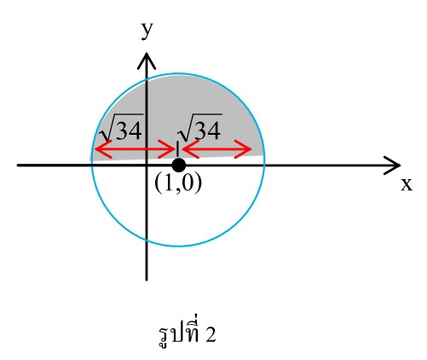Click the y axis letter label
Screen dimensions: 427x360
tap(147, 31)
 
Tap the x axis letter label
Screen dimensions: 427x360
tap(407, 184)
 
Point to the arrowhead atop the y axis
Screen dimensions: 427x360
tap(147, 61)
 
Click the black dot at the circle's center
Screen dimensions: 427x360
tap(179, 165)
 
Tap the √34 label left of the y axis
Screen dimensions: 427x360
tap(121, 127)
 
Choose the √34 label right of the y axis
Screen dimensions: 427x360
tap(199, 127)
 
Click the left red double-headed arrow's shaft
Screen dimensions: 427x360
tap(135, 149)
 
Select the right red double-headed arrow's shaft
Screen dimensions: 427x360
tap(216, 149)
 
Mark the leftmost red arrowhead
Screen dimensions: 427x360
tap(103, 149)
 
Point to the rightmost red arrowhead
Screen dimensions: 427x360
tap(243, 149)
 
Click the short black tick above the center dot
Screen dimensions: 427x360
tap(177, 149)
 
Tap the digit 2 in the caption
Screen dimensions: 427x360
tap(211, 334)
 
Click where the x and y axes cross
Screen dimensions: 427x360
tap(147, 165)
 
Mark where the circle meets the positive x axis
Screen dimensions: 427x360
tap(265, 165)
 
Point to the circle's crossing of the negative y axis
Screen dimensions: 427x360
tap(147, 240)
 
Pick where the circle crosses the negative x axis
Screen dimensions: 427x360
tap(91, 165)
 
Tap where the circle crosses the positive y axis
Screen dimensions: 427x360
tap(147, 79)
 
